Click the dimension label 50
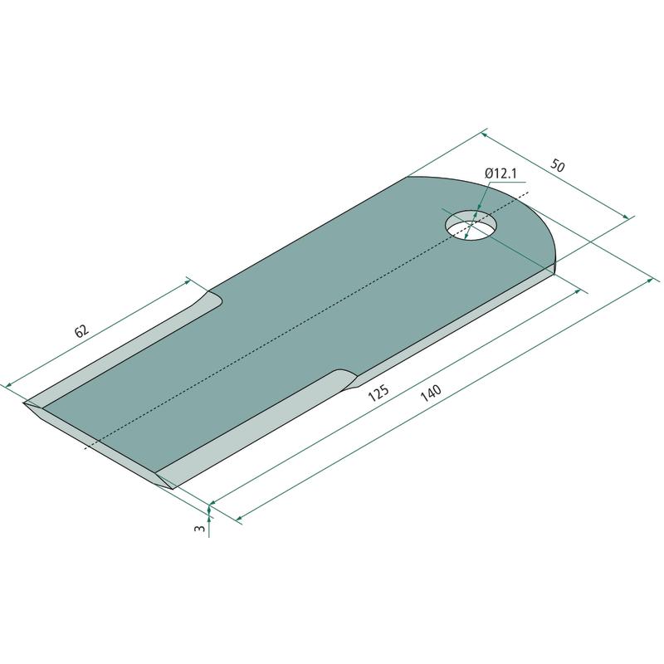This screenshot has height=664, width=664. coord(557,165)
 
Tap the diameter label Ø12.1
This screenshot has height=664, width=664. coord(501,173)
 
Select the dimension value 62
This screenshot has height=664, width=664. coord(81,330)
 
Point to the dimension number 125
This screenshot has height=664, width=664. coord(378,393)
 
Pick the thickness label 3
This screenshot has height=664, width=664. coord(199,528)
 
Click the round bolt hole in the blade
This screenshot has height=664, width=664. coord(471,225)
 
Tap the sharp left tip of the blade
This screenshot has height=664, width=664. coord(24,403)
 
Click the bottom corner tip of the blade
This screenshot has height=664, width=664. coord(172,489)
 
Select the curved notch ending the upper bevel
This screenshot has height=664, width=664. coord(211,299)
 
